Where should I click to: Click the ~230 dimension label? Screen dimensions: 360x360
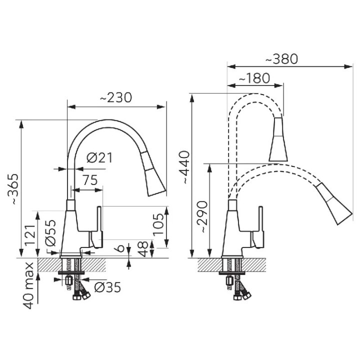[116, 97]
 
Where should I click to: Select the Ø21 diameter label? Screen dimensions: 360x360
[99, 157]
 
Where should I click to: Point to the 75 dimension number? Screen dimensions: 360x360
[90, 180]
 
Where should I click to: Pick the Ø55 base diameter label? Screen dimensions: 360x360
[50, 233]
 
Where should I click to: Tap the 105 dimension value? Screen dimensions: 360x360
[158, 224]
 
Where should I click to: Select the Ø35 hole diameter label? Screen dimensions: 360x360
[107, 287]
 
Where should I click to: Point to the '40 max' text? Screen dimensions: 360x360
[28, 286]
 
